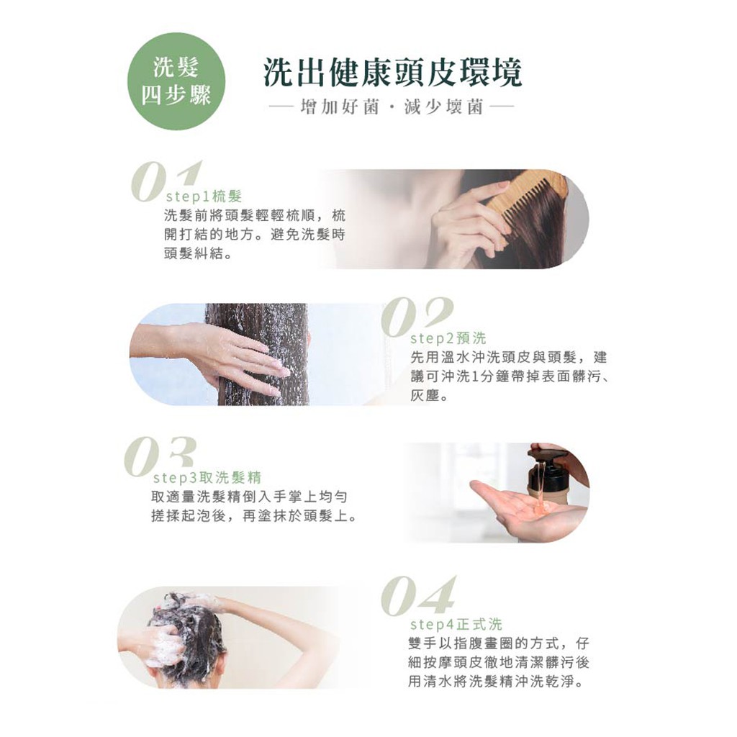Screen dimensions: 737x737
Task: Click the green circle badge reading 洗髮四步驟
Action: tap(176, 81)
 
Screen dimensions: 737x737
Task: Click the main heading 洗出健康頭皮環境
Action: tap(392, 73)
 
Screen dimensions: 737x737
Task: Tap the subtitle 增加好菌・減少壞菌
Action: tap(392, 108)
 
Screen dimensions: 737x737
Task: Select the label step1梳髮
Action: tap(204, 196)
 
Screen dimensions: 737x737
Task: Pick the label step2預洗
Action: tap(448, 338)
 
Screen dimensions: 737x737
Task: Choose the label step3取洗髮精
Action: tap(207, 478)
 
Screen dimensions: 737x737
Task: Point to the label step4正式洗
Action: tap(456, 624)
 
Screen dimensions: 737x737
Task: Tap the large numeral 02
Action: tap(417, 317)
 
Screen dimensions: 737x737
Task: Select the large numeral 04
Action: tap(418, 596)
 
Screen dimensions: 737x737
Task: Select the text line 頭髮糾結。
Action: tap(199, 253)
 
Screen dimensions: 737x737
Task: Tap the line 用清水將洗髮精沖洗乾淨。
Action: tap(497, 681)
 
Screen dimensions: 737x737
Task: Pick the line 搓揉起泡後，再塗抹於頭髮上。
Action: tap(254, 516)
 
